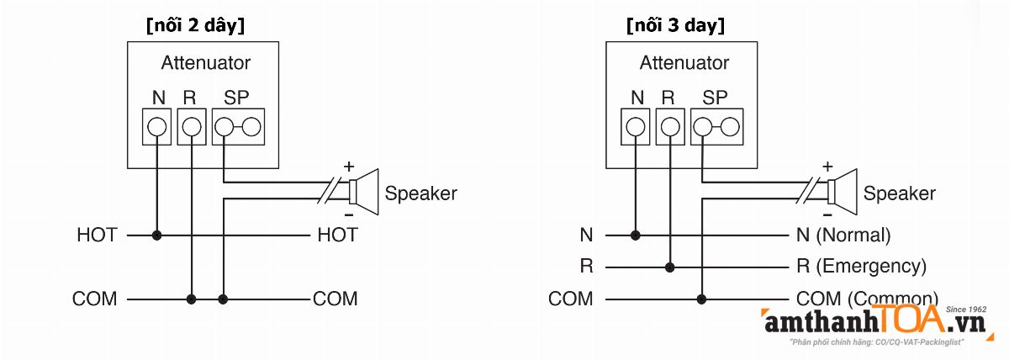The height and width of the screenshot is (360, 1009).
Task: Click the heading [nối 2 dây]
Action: click(x=195, y=25)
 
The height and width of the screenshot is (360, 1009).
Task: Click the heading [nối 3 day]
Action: click(x=675, y=25)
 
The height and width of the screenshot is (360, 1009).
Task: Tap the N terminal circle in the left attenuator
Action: click(x=156, y=127)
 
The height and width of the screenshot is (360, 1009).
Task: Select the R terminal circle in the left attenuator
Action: click(x=192, y=127)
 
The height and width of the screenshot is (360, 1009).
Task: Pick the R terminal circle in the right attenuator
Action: click(x=670, y=127)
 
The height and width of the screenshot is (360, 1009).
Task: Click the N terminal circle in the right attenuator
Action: click(x=636, y=127)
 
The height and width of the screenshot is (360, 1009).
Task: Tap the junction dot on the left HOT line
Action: click(x=156, y=236)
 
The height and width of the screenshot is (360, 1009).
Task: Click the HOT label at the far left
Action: click(x=97, y=236)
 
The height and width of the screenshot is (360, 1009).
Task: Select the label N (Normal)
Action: click(x=843, y=236)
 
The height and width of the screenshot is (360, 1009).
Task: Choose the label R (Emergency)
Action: click(x=861, y=267)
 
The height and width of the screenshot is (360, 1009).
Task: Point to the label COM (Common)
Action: click(x=866, y=299)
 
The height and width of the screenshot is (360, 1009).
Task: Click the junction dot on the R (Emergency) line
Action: click(x=670, y=267)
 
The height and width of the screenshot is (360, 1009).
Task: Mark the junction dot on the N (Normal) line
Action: click(x=636, y=236)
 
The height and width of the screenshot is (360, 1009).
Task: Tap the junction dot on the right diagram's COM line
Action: click(x=702, y=299)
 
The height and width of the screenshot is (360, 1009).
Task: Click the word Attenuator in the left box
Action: click(x=205, y=63)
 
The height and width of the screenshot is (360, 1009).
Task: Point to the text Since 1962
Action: click(x=966, y=310)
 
